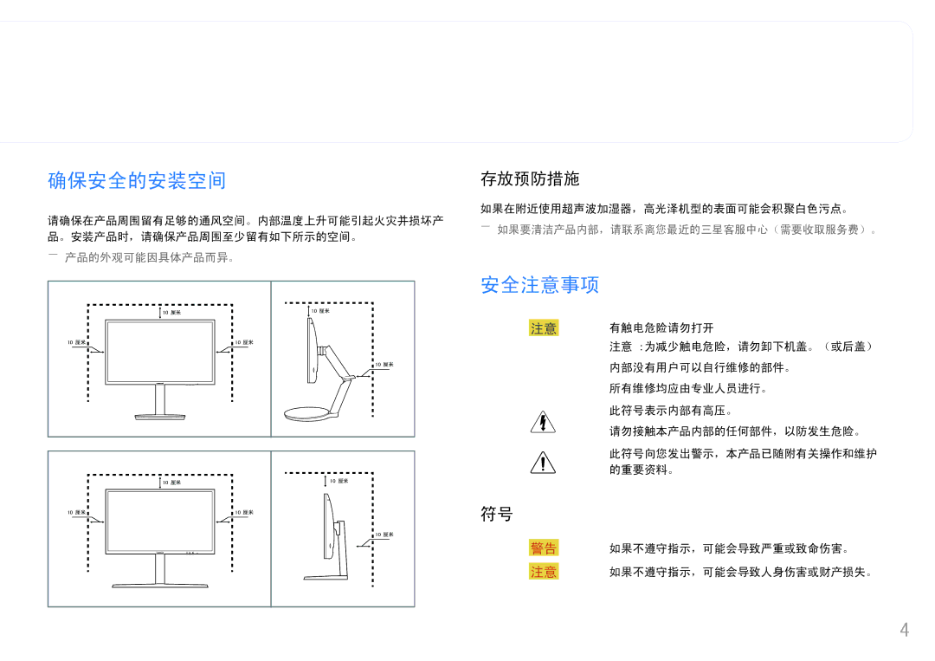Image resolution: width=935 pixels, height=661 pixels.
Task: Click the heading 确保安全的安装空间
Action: click(137, 180)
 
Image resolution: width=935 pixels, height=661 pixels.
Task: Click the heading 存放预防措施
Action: click(530, 178)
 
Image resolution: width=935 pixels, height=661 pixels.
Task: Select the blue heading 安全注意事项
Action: click(539, 284)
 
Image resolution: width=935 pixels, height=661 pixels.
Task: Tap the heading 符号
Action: click(497, 514)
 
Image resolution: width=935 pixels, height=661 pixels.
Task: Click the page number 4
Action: click(905, 630)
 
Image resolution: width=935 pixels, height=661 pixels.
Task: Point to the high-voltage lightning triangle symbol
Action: click(543, 422)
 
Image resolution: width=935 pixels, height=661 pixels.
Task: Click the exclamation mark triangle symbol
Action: click(543, 463)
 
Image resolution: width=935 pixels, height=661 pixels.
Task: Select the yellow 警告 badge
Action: click(543, 548)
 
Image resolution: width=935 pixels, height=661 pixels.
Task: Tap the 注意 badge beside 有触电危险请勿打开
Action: click(543, 328)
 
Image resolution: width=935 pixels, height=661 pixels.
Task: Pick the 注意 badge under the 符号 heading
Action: click(543, 572)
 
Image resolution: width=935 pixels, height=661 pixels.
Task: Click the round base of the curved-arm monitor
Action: click(307, 413)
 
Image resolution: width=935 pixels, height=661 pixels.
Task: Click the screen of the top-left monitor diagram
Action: click(160, 352)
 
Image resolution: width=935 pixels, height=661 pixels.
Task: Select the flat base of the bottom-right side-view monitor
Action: click(326, 577)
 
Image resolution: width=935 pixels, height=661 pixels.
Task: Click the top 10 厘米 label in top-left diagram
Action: click(171, 312)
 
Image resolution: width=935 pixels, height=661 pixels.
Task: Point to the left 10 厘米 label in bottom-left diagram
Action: click(76, 513)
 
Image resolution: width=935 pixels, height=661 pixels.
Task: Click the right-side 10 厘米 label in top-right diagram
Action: click(384, 364)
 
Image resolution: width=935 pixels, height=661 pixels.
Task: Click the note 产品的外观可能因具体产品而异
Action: click(149, 257)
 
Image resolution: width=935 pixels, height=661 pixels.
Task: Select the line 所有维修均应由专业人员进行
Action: click(687, 388)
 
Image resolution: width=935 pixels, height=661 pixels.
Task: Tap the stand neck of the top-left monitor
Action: click(160, 399)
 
